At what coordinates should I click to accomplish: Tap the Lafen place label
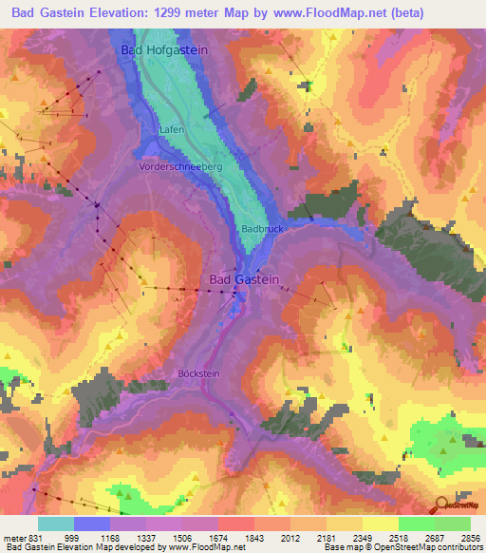pos(172,128)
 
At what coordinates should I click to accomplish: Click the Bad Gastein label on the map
pos(244,278)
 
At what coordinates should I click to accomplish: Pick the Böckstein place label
pos(198,373)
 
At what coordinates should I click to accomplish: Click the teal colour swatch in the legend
pos(56,524)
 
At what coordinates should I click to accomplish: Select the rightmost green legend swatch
pos(452,524)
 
